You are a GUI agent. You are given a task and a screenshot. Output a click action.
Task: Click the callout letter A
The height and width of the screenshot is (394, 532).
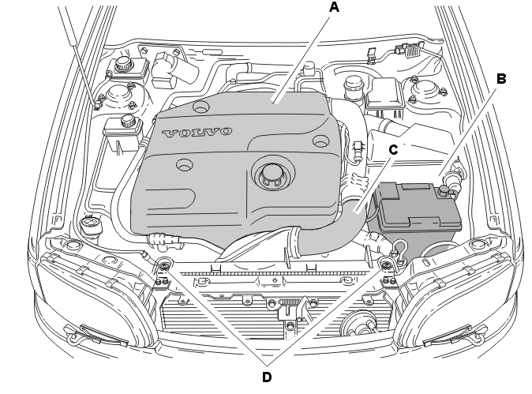(334, 7)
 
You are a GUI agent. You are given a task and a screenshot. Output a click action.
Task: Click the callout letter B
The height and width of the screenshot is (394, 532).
(501, 79)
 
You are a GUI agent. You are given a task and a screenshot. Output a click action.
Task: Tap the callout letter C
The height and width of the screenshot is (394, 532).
(393, 150)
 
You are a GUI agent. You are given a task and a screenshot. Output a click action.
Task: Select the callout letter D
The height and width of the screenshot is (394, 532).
(267, 377)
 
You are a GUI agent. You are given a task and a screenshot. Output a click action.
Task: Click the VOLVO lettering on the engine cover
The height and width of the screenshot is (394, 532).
(197, 133)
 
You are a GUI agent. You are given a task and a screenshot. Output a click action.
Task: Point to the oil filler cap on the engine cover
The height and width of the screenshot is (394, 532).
(271, 174)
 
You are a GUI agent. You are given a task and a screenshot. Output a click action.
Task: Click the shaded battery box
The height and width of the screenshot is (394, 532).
(416, 217)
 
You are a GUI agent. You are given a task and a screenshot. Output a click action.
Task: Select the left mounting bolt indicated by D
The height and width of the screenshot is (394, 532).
(164, 265)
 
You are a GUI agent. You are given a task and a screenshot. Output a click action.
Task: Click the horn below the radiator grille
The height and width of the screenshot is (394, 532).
(358, 326)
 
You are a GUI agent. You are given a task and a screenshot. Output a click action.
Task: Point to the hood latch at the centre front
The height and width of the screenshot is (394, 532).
(290, 307)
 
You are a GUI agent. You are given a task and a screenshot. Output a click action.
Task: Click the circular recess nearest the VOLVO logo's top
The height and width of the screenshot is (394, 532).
(200, 107)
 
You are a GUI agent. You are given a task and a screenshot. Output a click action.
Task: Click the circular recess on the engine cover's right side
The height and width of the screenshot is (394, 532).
(320, 141)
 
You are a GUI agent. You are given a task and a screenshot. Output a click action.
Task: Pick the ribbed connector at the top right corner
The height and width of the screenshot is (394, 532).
(413, 51)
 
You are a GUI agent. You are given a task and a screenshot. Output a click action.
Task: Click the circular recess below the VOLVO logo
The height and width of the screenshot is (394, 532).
(185, 165)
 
